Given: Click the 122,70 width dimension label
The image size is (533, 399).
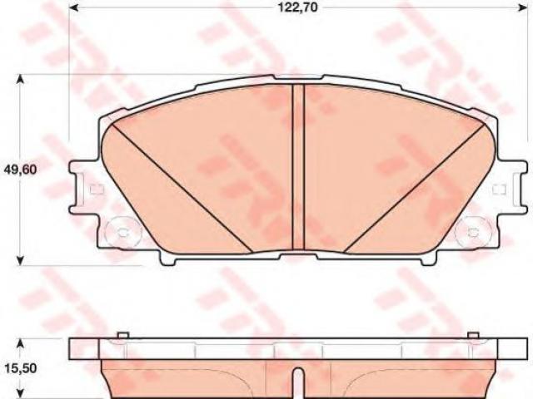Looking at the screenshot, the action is (298, 7).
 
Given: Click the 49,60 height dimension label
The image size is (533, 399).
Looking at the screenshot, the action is (20, 169).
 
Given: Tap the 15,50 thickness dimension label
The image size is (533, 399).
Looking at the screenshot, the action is (20, 367).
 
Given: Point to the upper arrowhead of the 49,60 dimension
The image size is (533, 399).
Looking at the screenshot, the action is (21, 80).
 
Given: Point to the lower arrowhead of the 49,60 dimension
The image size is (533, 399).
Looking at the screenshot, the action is (21, 260).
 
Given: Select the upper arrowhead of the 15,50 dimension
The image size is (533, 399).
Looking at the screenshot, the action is (21, 343).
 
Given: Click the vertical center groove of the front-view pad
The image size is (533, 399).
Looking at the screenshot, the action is (298, 168).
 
